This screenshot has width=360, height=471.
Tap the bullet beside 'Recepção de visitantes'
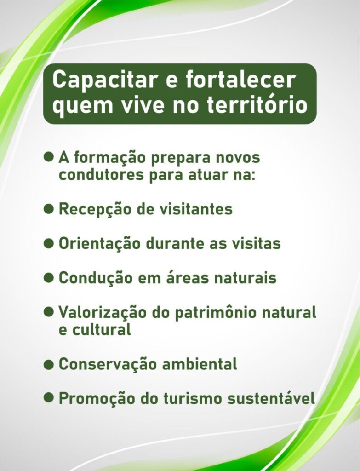(49, 208)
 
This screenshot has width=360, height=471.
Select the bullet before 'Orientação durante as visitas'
(49, 243)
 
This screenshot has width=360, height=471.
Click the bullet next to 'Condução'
(49, 277)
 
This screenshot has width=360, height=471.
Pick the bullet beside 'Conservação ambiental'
(49, 364)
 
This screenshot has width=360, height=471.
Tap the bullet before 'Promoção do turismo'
(49, 398)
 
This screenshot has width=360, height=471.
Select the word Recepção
(95, 209)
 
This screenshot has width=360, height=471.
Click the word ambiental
(200, 364)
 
